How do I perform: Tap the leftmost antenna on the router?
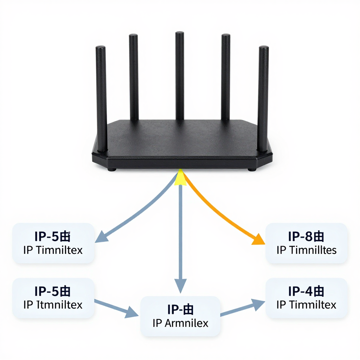[101, 98]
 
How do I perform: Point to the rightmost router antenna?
[263, 98]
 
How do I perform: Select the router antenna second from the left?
[134, 77]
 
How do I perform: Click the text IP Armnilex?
[180, 323]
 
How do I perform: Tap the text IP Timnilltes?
[307, 250]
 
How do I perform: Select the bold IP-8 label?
[306, 237]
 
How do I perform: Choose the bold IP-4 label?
[306, 291]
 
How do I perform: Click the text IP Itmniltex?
[53, 304]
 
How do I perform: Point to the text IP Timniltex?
[53, 250]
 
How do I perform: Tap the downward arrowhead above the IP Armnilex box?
[180, 287]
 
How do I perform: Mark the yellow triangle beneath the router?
[180, 178]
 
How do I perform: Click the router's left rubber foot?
[112, 169]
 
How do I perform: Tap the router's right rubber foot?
[251, 169]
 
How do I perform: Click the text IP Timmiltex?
[307, 304]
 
